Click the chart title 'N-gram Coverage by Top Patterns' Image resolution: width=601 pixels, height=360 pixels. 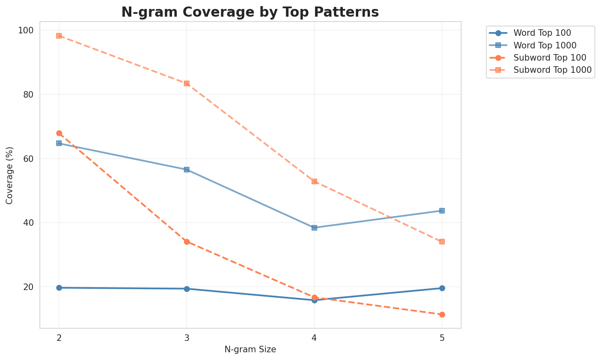coord(250,12)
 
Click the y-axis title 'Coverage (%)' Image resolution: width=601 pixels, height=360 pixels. coord(9,175)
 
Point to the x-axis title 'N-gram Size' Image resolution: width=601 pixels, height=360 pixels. coord(250,349)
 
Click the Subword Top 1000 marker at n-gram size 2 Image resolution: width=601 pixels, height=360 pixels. coord(59,36)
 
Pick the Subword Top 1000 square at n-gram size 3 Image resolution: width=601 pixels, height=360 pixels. coord(187,83)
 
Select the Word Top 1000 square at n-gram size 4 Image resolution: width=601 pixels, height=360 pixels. coord(314,228)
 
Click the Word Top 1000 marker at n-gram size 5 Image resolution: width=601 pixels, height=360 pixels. coord(442,211)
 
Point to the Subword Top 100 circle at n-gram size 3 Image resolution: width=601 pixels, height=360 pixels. coord(187,242)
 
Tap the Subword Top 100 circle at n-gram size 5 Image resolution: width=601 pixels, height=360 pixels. coord(442,314)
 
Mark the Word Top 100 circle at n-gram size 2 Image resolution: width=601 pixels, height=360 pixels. coord(59,288)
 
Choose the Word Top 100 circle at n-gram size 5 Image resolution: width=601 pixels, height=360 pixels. coord(442,288)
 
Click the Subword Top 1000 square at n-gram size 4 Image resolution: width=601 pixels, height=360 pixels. coord(314,181)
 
